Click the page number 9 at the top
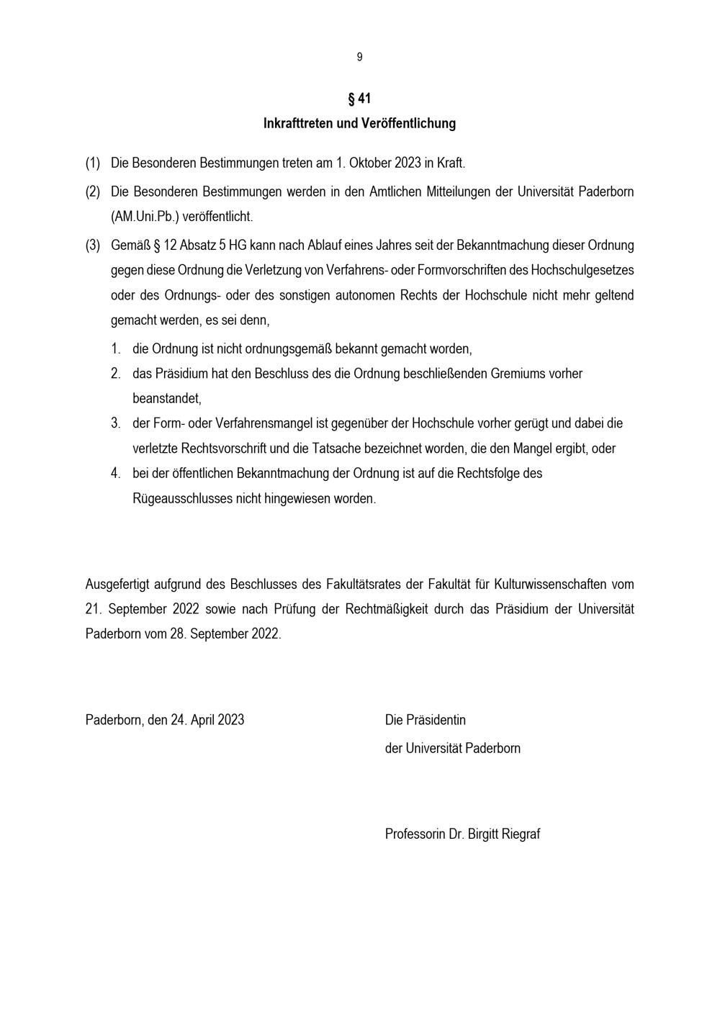[x=359, y=57]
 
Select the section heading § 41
[x=359, y=99]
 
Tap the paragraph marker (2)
[x=93, y=192]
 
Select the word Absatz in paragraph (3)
[x=199, y=245]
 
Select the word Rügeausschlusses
[x=183, y=498]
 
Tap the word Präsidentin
[x=436, y=720]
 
